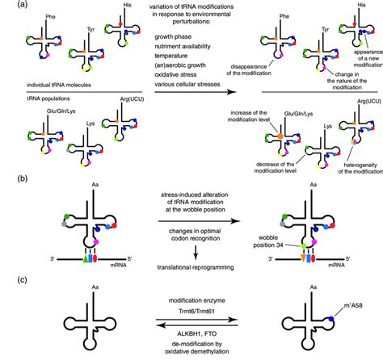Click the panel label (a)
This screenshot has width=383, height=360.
(x=9, y=6)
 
